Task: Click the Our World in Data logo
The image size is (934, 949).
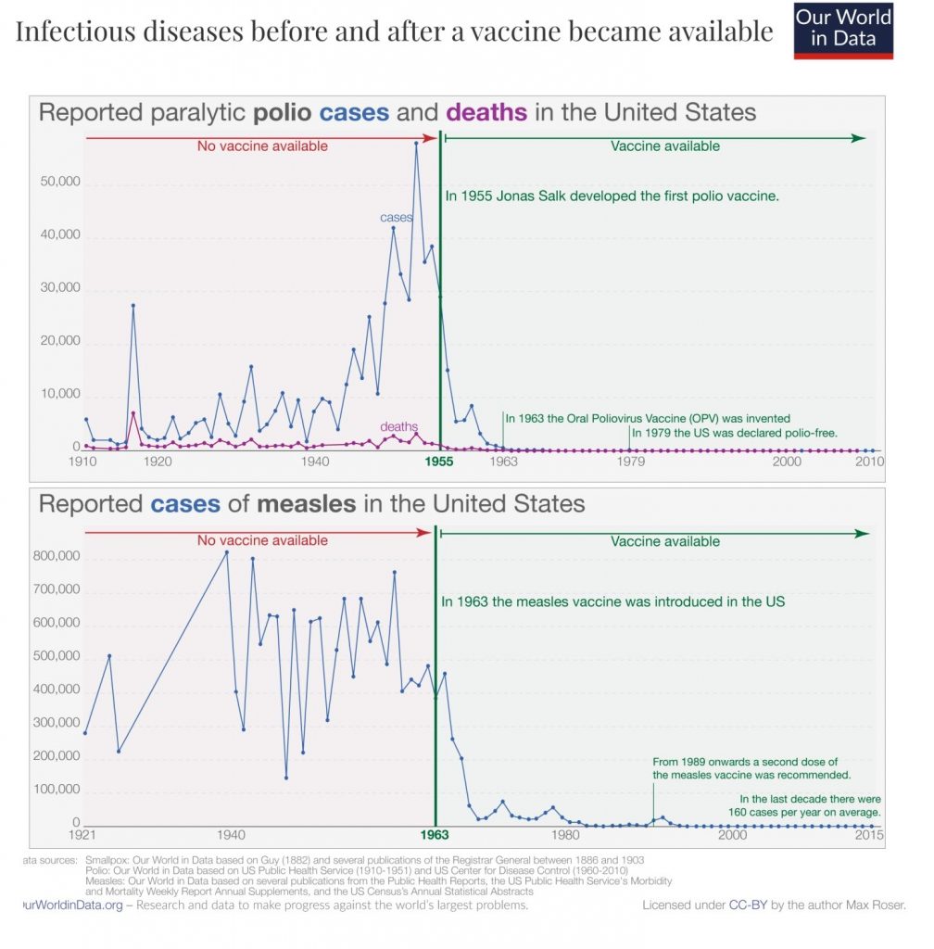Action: click(x=843, y=32)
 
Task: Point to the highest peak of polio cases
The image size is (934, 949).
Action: click(x=416, y=143)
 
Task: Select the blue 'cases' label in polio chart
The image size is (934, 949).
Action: click(x=397, y=218)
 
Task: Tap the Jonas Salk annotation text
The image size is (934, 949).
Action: click(x=612, y=196)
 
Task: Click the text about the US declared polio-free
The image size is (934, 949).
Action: click(x=734, y=433)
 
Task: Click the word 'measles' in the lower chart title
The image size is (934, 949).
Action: click(x=307, y=504)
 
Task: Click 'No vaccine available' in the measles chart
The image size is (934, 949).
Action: click(x=262, y=540)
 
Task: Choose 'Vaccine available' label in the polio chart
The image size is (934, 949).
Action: click(x=665, y=146)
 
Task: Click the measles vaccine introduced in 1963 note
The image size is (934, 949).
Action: click(x=613, y=601)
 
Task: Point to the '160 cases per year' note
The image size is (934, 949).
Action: click(x=810, y=806)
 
